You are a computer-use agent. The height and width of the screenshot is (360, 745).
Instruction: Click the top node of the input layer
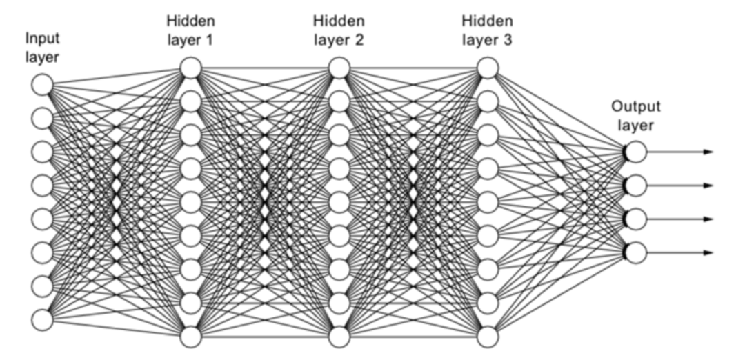[x=42, y=86]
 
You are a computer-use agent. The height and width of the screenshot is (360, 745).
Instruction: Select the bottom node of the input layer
[x=42, y=319]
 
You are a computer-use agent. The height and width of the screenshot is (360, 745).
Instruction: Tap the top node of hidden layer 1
[x=191, y=68]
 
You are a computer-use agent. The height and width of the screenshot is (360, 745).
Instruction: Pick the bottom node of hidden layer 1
[x=191, y=337]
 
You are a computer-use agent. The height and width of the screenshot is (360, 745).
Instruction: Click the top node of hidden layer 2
[x=339, y=68]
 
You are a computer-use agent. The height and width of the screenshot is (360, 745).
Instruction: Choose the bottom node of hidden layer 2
[x=339, y=337]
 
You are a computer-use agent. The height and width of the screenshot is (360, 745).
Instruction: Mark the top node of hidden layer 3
[x=488, y=68]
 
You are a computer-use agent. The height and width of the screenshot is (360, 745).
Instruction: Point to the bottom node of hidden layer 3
[x=488, y=337]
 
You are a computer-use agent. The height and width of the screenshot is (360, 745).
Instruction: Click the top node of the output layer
[x=636, y=152]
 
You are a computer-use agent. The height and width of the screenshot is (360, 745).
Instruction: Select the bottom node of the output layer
[x=636, y=252]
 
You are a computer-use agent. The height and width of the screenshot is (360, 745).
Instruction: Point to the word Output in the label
[x=635, y=107]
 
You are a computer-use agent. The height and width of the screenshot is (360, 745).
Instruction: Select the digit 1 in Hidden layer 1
[x=208, y=39]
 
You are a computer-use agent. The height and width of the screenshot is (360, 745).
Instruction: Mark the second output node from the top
[x=636, y=186]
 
